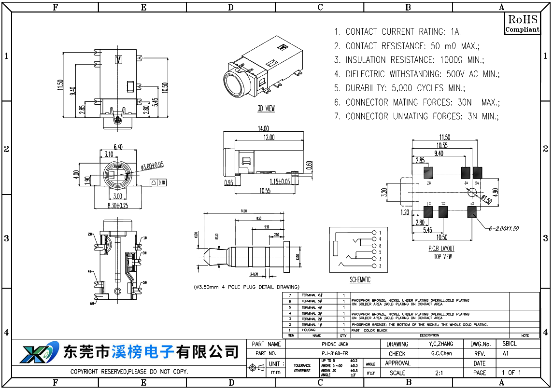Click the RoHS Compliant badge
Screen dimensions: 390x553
[x=522, y=24]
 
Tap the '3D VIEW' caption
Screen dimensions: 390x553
[x=266, y=109]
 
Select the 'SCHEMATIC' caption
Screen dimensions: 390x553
[x=360, y=280]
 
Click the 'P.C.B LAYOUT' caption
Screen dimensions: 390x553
[x=441, y=249]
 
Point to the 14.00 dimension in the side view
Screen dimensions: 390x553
[x=263, y=129]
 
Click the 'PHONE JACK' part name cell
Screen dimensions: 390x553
[x=335, y=344]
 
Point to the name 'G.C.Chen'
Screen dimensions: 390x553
[x=441, y=354]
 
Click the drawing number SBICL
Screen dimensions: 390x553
[x=510, y=344]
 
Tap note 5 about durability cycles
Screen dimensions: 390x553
[x=399, y=88]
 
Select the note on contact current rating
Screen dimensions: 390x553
[x=397, y=32]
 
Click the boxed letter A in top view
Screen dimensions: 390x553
[x=118, y=59]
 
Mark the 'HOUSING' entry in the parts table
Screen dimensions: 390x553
[x=309, y=330]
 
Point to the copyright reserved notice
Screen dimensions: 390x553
[x=129, y=372]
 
